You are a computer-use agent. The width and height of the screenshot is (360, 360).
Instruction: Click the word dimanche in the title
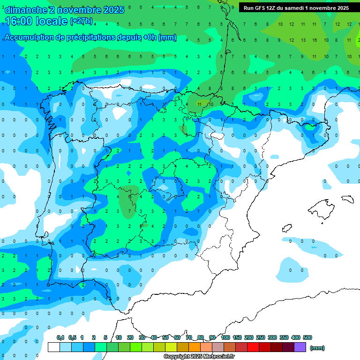pyautogui.click(x=26, y=10)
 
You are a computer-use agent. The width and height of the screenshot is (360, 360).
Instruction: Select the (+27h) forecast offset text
pyautogui.click(x=81, y=21)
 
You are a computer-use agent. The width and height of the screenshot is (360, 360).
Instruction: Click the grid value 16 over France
pyautogui.click(x=314, y=40)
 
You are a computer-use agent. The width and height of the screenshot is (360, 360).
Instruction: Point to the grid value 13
pyautogui.click(x=303, y=40)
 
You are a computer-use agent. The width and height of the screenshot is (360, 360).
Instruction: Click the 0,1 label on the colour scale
pyautogui.click(x=60, y=337)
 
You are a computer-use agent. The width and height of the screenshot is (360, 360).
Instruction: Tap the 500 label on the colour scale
pyautogui.click(x=307, y=337)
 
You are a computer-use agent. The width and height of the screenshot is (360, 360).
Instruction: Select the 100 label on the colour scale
pyautogui.click(x=225, y=337)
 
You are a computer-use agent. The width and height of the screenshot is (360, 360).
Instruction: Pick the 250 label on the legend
pyautogui.click(x=261, y=337)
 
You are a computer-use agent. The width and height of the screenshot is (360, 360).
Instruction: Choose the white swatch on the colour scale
pyautogui.click(x=54, y=347)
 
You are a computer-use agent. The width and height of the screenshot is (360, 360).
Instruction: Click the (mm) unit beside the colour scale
pyautogui.click(x=317, y=348)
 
